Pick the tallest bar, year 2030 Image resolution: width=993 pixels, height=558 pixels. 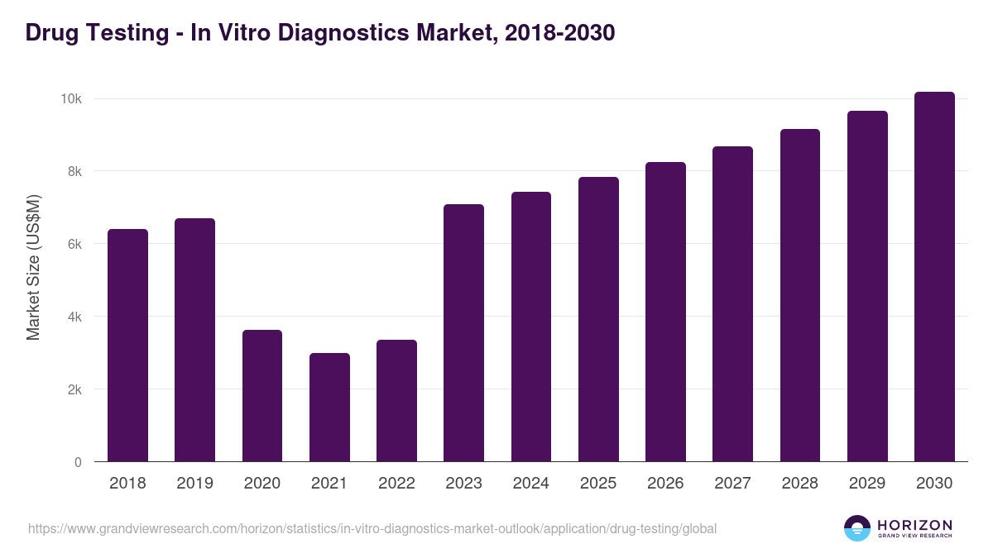[934, 277]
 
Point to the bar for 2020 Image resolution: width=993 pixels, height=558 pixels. [262, 396]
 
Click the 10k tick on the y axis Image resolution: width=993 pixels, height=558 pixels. [70, 99]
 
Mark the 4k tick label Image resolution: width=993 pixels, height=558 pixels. [74, 317]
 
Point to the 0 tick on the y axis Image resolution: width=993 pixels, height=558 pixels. [78, 462]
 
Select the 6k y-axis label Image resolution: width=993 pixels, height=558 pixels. [74, 244]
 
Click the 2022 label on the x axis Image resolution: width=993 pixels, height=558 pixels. [396, 484]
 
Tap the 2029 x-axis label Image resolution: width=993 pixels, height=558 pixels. [867, 484]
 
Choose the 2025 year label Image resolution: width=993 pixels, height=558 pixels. [598, 484]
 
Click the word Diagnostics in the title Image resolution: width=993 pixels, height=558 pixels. [340, 33]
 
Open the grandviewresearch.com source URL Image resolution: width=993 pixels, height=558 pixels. [372, 528]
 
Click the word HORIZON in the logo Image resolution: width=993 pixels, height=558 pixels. [914, 524]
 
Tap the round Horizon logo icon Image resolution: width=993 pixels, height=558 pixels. [857, 528]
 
